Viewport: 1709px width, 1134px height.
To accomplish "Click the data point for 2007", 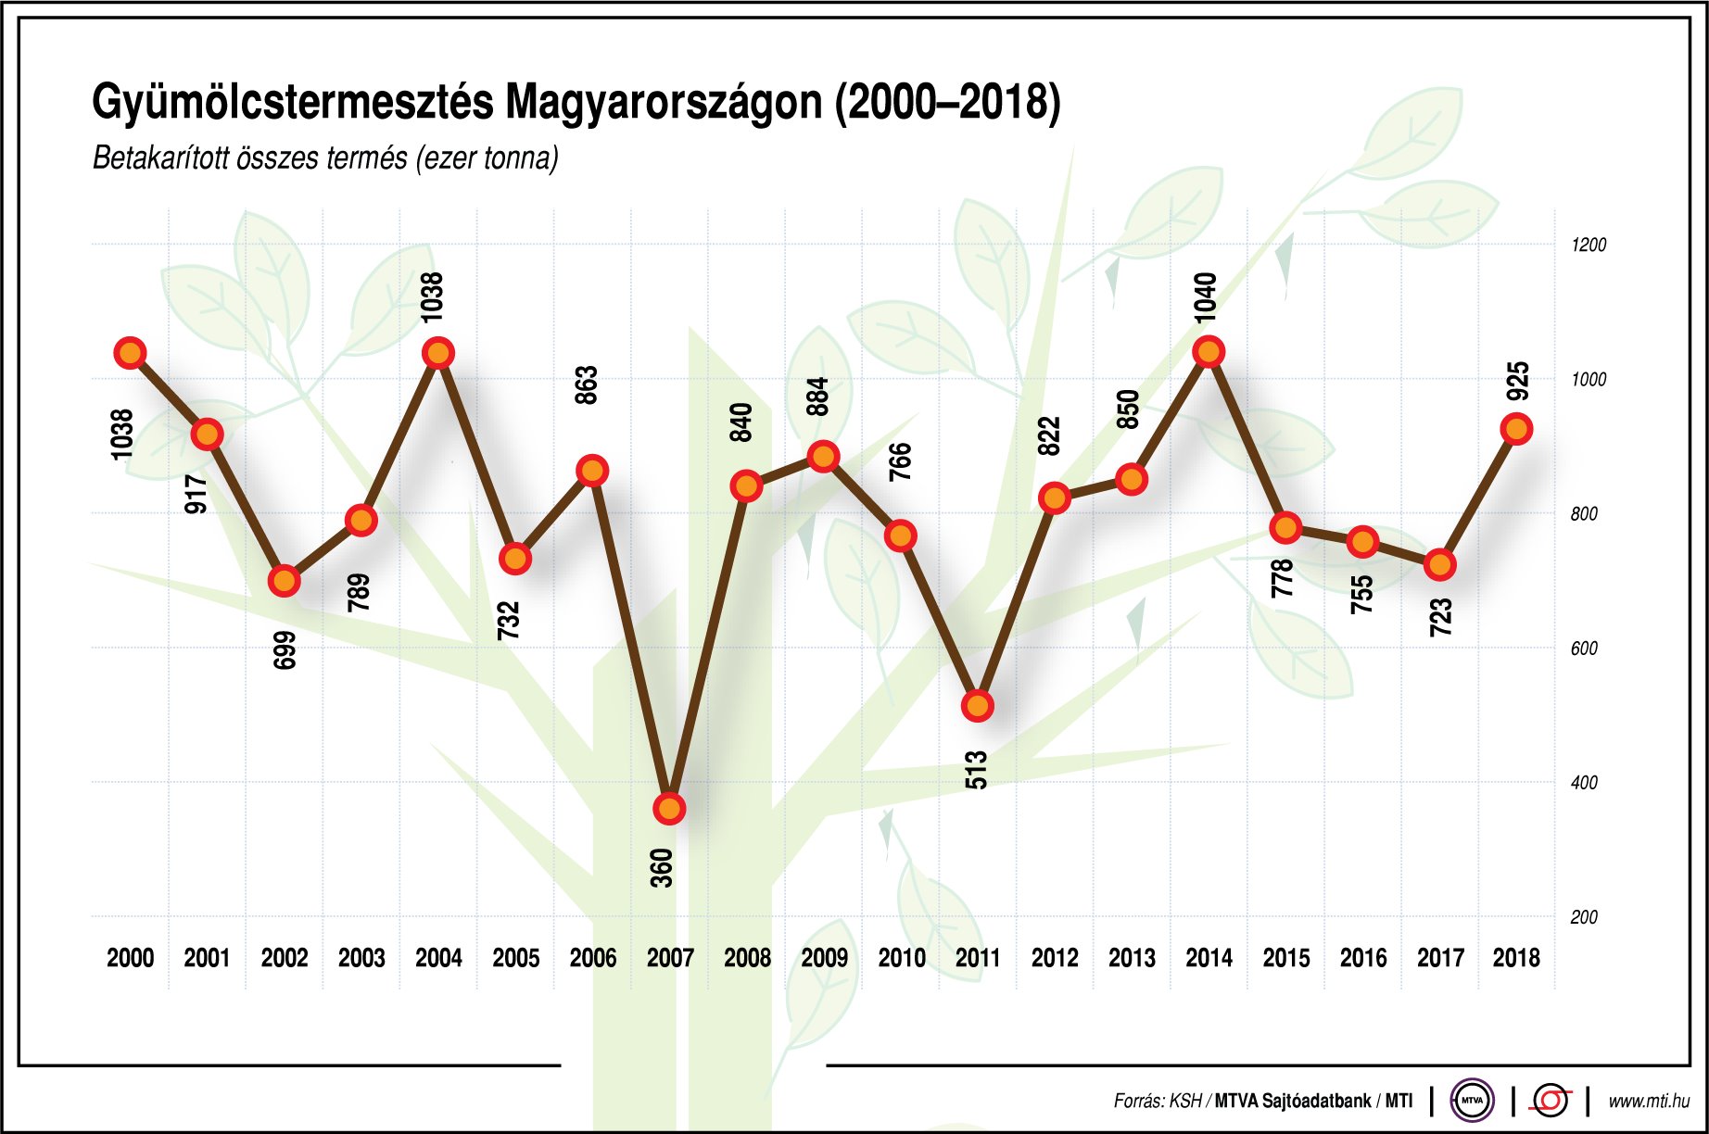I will (669, 809).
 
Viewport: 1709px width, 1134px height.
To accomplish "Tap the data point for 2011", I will (978, 706).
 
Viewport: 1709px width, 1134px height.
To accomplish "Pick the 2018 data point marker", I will (1516, 430).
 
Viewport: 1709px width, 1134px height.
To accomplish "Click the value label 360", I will (661, 868).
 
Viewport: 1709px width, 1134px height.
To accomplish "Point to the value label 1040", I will (1205, 297).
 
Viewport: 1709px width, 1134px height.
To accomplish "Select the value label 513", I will (976, 770).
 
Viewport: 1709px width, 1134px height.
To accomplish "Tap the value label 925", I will (1517, 381).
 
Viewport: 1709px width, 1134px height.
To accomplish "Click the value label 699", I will (285, 649).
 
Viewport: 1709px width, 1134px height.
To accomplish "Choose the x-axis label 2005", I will (515, 958).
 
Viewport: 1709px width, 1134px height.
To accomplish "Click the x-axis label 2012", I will (1055, 958).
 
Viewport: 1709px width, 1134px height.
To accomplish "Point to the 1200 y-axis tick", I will (1588, 245).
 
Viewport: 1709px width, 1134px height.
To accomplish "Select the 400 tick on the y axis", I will (1584, 783).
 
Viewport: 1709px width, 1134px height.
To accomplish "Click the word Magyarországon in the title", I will (665, 102).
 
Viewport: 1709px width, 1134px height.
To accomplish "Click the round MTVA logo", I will (1471, 1101).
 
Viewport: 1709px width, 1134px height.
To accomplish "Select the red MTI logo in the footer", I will (1551, 1101).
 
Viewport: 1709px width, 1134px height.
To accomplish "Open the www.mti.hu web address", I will (1648, 1102).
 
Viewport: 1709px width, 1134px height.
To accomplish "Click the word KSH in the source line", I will (1184, 1102).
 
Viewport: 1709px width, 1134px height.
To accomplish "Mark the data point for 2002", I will (285, 582).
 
